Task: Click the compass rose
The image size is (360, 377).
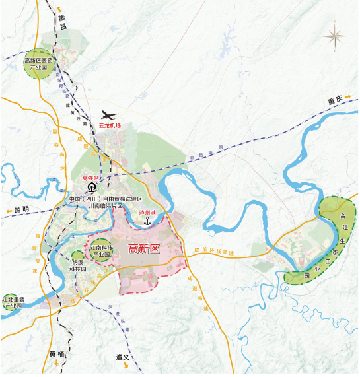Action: click(336, 35)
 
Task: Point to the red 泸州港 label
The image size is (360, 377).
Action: click(147, 213)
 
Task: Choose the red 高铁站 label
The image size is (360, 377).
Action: click(90, 178)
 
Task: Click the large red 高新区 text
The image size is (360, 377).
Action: click(144, 249)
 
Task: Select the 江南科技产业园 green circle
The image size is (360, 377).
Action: click(100, 251)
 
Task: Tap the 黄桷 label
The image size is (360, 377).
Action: click(57, 353)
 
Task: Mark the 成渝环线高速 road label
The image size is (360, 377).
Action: click(214, 252)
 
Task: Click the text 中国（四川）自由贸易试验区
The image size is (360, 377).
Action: click(105, 198)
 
